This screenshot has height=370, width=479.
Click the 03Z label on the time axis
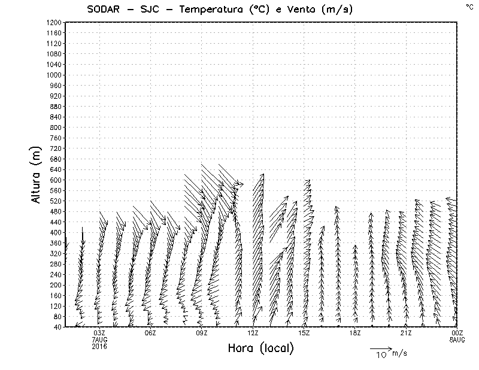click(x=99, y=333)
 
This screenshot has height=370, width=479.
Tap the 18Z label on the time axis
click(x=355, y=333)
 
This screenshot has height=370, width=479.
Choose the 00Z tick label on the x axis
click(x=457, y=333)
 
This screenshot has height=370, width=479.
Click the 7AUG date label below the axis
click(x=99, y=339)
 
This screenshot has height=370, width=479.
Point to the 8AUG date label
click(x=457, y=339)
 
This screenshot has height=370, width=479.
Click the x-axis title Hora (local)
click(x=260, y=348)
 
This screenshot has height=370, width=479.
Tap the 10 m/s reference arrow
click(x=380, y=348)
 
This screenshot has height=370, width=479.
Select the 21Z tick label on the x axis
click(x=406, y=333)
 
